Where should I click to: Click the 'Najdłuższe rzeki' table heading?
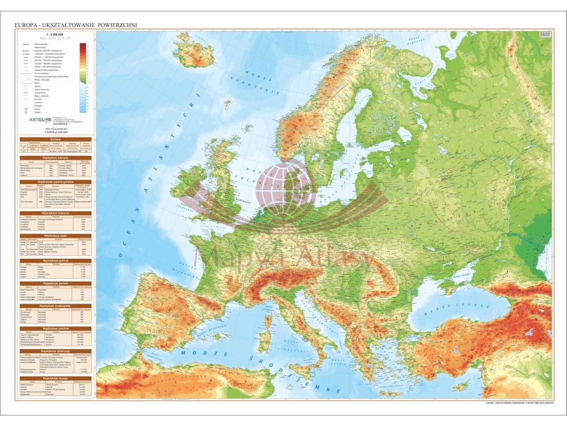pos(56,233)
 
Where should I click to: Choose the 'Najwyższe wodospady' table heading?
pos(56,305)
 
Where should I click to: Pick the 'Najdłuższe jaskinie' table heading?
pos(56,328)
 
